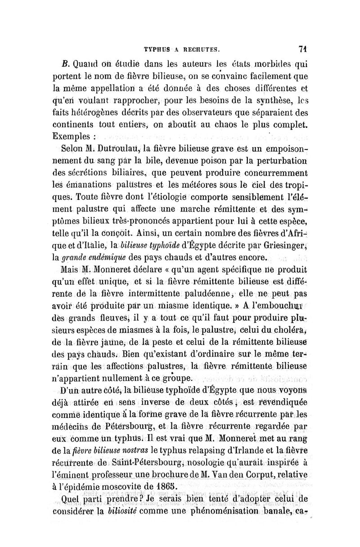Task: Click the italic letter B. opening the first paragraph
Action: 66,63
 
